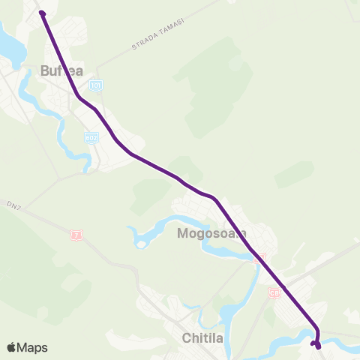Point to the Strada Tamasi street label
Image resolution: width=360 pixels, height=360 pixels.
pos(157,35)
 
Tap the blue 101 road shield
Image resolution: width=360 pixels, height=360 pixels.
pos(94,86)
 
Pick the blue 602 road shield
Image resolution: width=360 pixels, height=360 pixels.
pos(91,138)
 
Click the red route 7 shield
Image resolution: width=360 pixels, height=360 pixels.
pos(76,235)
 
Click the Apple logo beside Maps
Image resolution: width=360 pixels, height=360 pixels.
pos(11,347)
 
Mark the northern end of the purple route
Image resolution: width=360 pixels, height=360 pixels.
pos(42,13)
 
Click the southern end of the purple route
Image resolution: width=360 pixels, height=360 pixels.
pos(318,345)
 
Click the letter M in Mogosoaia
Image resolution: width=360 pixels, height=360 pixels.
pos(183,233)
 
